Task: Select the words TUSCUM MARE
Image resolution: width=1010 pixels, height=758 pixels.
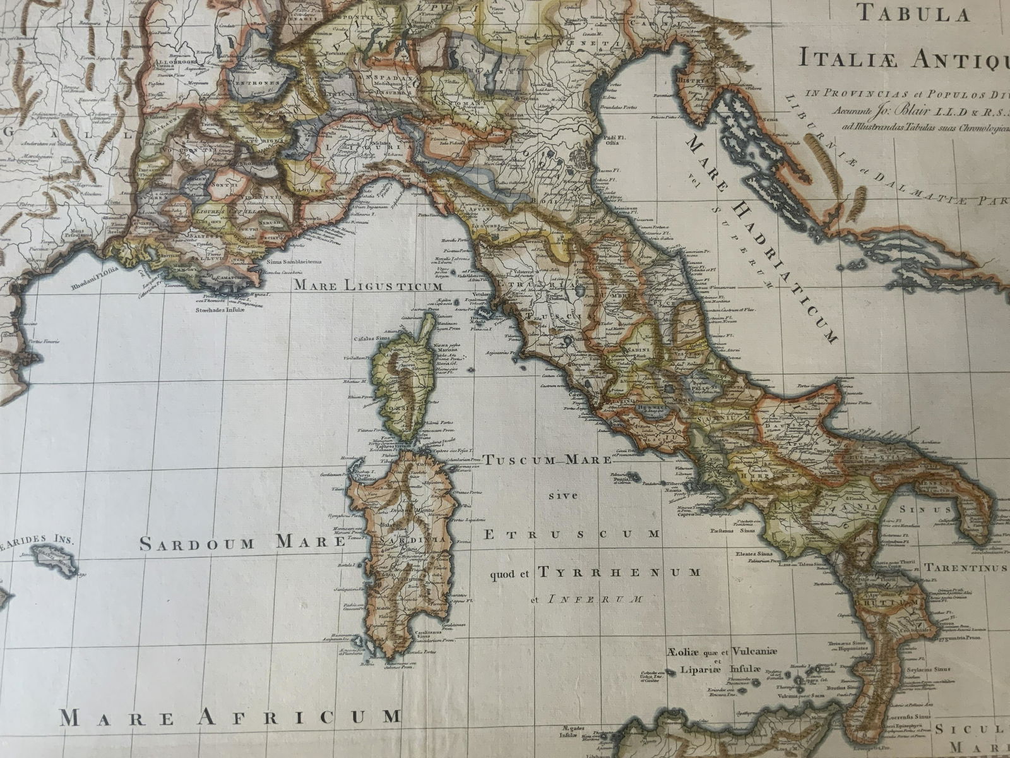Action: (547, 460)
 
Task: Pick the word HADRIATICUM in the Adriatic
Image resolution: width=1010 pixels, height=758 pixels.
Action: (788, 272)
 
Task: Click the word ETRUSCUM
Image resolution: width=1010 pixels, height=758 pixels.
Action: (572, 534)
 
